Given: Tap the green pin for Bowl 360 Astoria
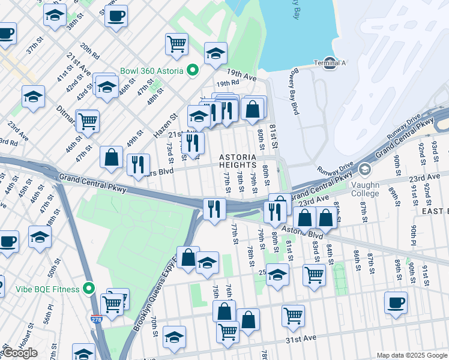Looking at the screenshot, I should pyautogui.click(x=193, y=71).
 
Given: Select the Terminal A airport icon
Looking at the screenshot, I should pyautogui.click(x=329, y=62).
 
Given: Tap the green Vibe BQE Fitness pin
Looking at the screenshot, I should pyautogui.click(x=89, y=289).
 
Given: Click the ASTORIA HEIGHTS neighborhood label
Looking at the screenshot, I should pyautogui.click(x=241, y=161).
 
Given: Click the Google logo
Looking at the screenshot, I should pyautogui.click(x=20, y=353).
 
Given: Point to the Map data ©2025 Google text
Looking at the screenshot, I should pyautogui.click(x=412, y=355).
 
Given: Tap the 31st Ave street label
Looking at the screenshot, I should pyautogui.click(x=300, y=339).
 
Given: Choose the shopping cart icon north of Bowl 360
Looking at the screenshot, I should pyautogui.click(x=176, y=44).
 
